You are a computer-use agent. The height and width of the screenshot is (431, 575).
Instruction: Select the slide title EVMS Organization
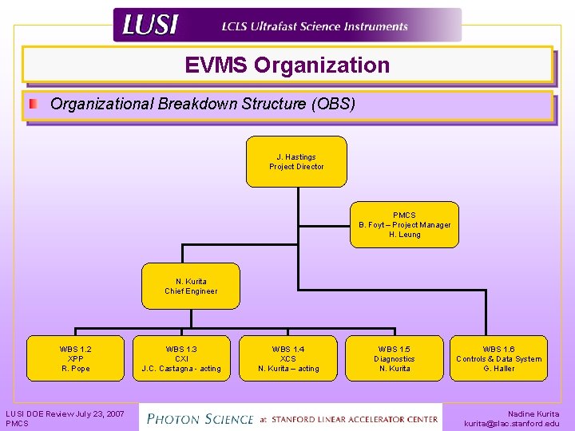(287, 65)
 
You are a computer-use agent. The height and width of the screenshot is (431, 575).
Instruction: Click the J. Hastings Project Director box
(296, 161)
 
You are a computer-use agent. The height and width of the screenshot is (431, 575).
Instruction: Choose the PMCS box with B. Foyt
(404, 224)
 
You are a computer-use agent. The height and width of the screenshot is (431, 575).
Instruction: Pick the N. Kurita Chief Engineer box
(191, 286)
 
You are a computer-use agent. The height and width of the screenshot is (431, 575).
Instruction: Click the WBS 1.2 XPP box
(75, 358)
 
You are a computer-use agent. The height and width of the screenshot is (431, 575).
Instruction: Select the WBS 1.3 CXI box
(181, 358)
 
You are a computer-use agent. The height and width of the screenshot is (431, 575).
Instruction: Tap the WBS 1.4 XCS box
(287, 358)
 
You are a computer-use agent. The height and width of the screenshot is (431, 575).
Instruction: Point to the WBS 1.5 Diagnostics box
(395, 358)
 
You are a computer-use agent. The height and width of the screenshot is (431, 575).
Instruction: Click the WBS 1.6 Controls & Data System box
(498, 358)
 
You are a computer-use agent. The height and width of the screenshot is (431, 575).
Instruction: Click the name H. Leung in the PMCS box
(404, 235)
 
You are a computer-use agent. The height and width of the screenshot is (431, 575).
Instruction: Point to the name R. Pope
(75, 369)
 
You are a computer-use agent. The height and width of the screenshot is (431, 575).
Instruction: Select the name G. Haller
(498, 369)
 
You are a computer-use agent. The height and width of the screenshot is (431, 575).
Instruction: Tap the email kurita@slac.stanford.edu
(511, 424)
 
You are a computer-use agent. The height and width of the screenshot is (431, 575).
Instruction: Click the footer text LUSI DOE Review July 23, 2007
(65, 413)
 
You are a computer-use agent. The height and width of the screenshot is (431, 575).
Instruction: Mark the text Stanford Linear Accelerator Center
(355, 419)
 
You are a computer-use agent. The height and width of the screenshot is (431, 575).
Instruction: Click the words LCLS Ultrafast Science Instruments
(315, 26)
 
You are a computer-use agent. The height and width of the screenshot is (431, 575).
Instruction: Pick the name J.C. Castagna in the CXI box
(169, 369)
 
